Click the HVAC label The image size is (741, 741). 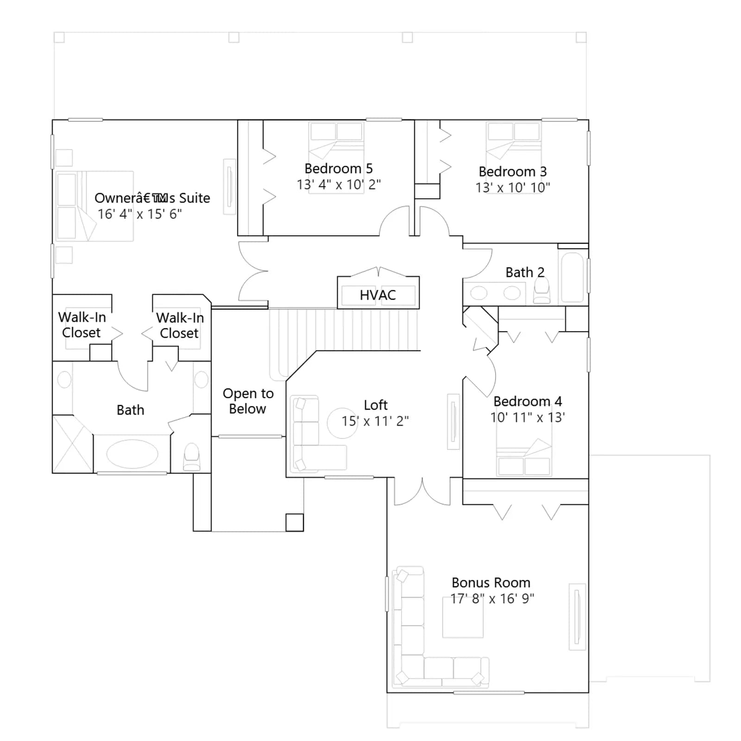coord(378,295)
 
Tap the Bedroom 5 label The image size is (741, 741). coord(339,169)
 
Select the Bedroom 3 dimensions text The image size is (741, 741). coord(513,188)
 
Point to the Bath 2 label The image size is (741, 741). coord(525,272)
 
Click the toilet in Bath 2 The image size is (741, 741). coord(542,290)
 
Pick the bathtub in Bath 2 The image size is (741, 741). coord(572,277)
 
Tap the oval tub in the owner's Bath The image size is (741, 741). coord(132,454)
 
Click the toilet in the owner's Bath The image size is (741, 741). coord(191,457)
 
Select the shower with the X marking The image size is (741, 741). coord(73,444)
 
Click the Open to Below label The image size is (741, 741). coord(248,401)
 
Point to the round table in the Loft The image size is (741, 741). coord(342,423)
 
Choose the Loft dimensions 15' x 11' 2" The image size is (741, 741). coord(375,421)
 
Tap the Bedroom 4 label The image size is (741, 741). coord(527,401)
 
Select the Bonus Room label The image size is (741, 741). coord(491,583)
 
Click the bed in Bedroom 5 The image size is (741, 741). coord(336,157)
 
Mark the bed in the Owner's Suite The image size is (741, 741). coord(94,206)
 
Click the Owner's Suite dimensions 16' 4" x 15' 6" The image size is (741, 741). coord(140,214)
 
